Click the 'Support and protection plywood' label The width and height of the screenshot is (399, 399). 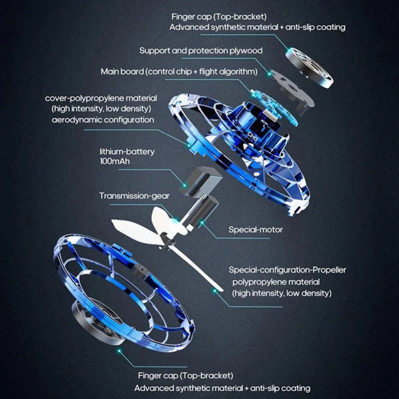point(201,51)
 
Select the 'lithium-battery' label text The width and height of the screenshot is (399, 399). point(127,152)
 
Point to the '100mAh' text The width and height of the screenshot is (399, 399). point(115,161)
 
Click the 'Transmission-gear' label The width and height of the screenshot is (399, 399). point(134,196)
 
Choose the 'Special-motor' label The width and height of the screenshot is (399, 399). point(255,230)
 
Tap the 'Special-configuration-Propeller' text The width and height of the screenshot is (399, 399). point(287,270)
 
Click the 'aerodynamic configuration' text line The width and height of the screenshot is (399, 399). point(103,120)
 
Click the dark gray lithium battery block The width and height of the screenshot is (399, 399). point(201,181)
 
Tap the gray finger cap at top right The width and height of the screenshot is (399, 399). point(309,68)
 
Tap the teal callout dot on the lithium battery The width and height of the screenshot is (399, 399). point(184,185)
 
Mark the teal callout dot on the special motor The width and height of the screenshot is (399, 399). point(202,223)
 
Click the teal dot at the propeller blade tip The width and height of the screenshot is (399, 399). point(215,290)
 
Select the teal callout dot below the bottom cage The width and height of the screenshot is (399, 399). point(119,351)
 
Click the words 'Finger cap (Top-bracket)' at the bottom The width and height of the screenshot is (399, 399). point(186,376)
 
